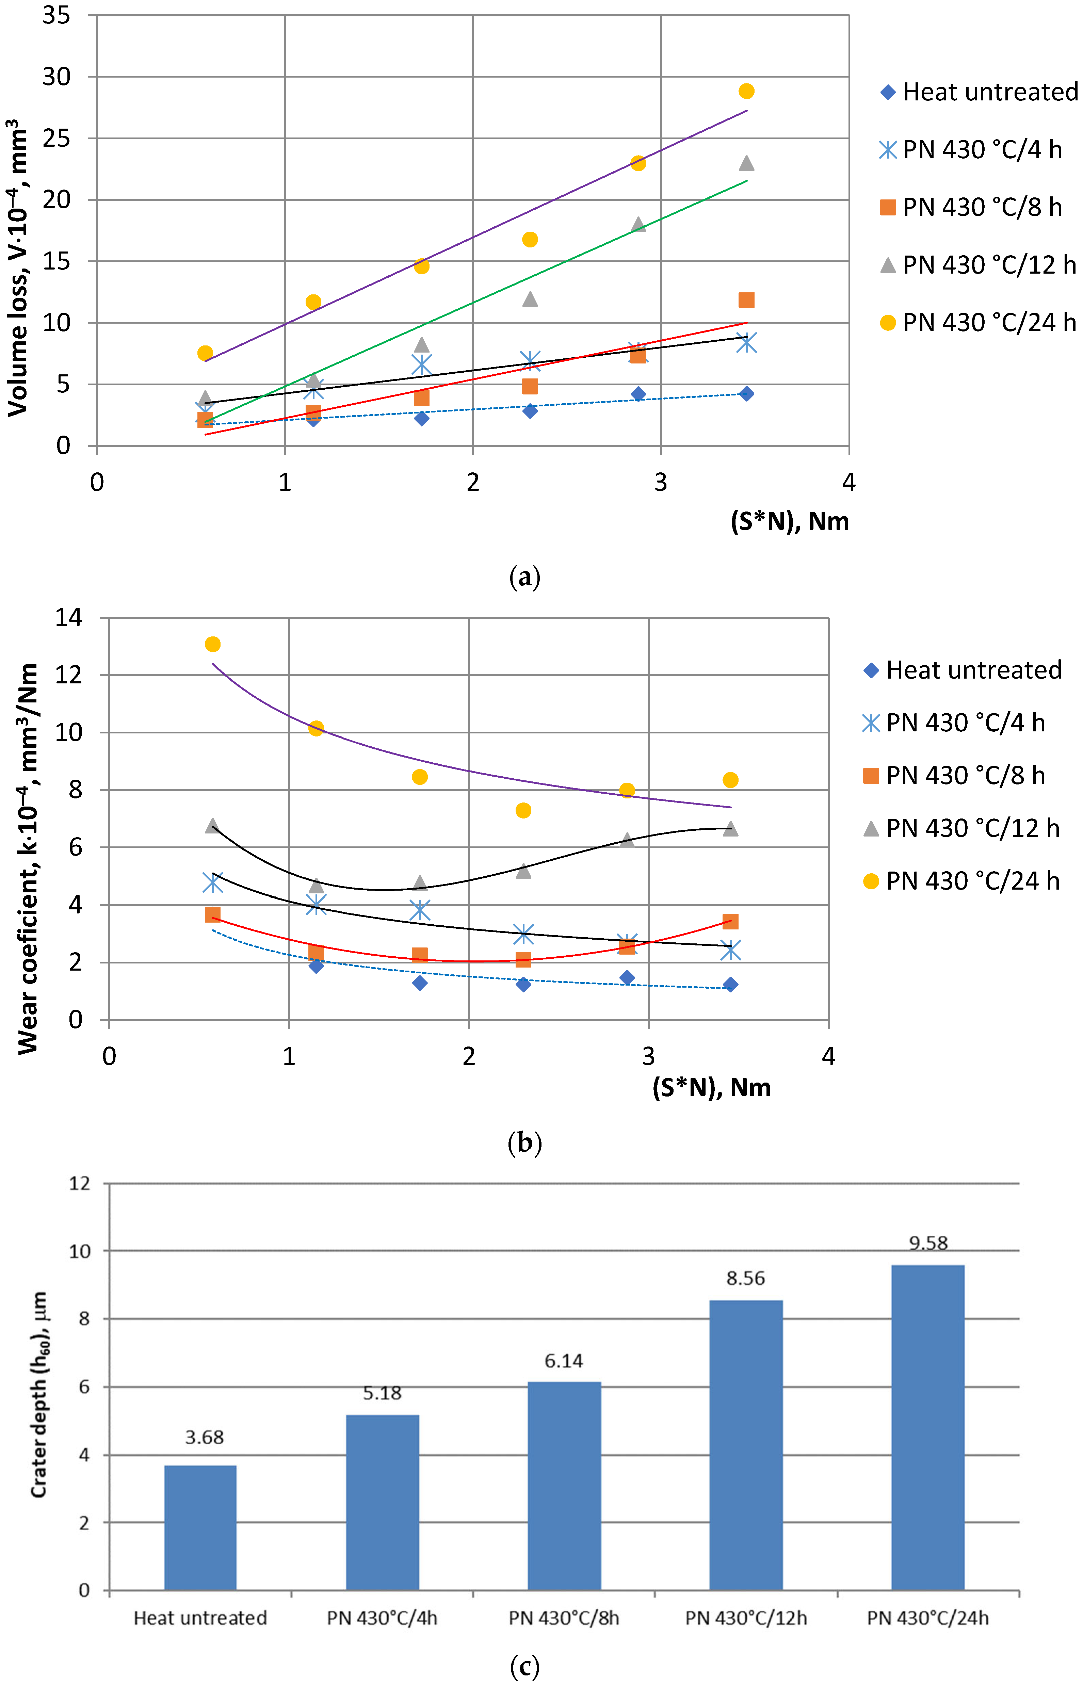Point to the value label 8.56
pyautogui.click(x=745, y=1278)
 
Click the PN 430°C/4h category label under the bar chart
pyautogui.click(x=382, y=1618)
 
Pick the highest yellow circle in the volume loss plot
pyautogui.click(x=746, y=92)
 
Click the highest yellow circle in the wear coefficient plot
pyautogui.click(x=212, y=644)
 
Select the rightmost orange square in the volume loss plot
pyautogui.click(x=746, y=300)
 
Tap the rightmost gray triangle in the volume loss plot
pyautogui.click(x=746, y=163)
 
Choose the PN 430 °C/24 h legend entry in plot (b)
pyautogui.click(x=961, y=881)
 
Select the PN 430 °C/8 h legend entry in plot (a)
pyautogui.click(x=970, y=208)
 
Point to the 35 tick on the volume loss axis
pyautogui.click(x=56, y=15)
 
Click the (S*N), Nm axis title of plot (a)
pyautogui.click(x=789, y=522)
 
